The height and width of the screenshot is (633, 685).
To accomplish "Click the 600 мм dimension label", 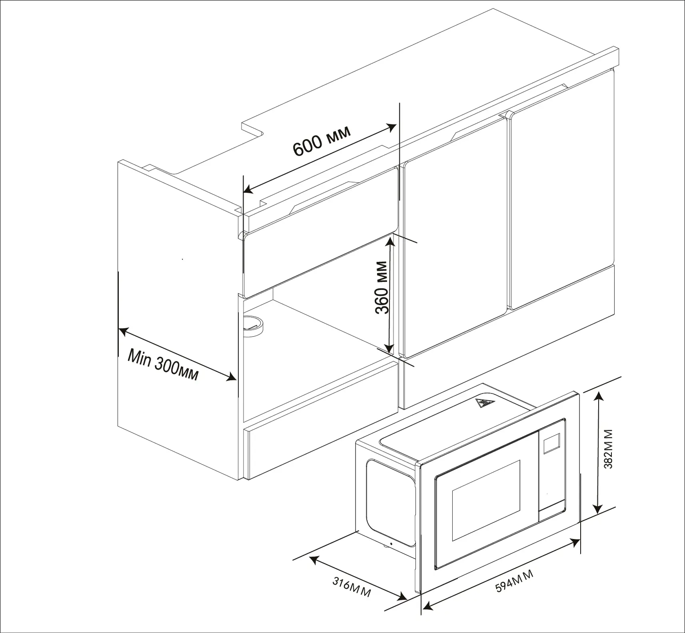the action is (x=322, y=142).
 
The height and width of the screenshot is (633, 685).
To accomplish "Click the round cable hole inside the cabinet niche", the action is (x=253, y=324).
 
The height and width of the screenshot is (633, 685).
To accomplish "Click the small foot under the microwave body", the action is (x=388, y=545).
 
